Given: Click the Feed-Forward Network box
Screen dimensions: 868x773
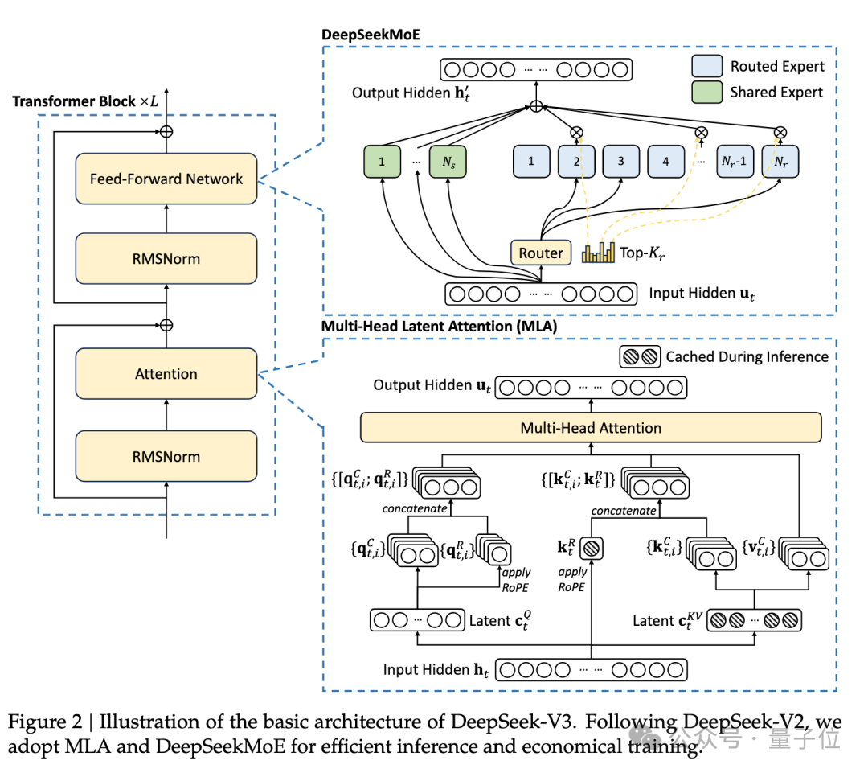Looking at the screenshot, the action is pos(166,179).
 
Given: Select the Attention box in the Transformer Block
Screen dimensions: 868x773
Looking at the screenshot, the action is pos(166,374).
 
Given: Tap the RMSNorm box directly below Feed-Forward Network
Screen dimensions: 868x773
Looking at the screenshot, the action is pos(166,259).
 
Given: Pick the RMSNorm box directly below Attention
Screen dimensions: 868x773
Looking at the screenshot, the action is pos(166,457).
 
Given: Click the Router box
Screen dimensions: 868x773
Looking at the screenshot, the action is pos(541,253).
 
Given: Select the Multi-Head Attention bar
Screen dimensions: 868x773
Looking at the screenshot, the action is pos(591,428).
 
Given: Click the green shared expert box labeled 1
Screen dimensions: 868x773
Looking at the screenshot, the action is pos(382,161).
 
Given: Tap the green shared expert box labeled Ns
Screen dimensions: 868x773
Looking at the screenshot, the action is pos(448,161).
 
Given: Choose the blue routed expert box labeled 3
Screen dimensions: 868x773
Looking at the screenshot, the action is pos(620,161).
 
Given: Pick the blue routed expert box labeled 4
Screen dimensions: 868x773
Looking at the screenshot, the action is pos(666,161).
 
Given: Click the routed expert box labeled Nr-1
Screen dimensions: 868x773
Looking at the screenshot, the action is pos(735,161).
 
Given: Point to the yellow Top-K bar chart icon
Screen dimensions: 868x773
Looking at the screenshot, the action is pos(598,252).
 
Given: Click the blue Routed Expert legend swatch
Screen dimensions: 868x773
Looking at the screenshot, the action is pos(707,66).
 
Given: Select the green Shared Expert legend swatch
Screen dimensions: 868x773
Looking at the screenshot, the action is pos(707,92).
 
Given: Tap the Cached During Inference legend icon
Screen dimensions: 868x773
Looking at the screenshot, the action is pos(640,357).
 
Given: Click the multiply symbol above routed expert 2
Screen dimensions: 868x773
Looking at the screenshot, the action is pos(576,133).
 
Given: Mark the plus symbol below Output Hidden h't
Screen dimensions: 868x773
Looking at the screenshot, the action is pos(536,106).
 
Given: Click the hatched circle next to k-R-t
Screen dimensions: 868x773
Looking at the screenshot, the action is pos(592,549).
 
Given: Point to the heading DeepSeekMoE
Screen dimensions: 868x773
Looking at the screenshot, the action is pos(371,35).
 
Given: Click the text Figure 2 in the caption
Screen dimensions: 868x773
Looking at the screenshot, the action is pos(45,722).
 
